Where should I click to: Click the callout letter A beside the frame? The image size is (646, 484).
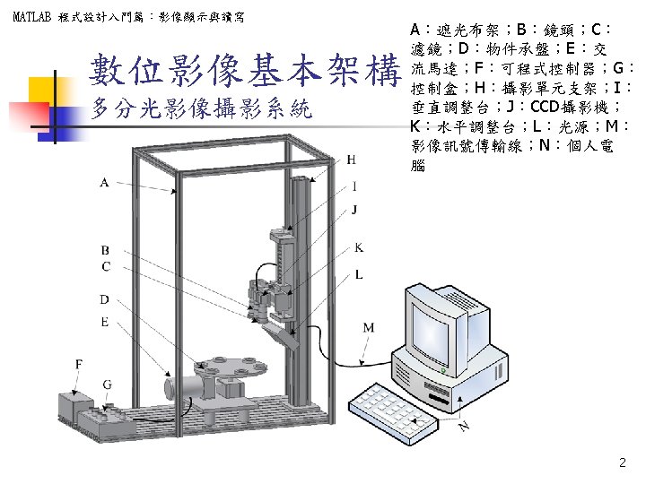105,182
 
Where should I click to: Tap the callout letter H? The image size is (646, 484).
351,160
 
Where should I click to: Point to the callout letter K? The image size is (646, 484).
359,246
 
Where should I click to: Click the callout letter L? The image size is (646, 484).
359,274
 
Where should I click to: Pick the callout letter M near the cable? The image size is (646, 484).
369,328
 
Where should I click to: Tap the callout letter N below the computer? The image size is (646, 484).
464,428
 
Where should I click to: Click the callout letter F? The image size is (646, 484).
80,364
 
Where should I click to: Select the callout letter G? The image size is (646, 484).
107,385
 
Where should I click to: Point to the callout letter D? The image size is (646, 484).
105,298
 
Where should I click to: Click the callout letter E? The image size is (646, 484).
105,321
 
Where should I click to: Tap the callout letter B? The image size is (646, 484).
105,250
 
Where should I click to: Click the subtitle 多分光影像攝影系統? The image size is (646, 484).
201,109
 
